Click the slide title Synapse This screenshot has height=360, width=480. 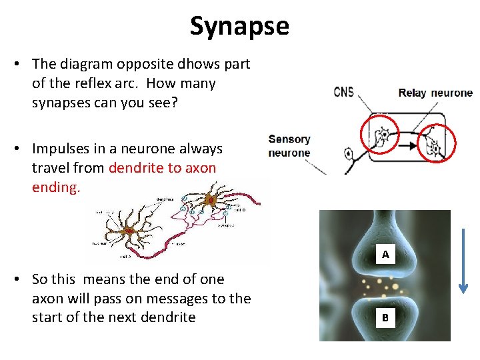click(x=239, y=26)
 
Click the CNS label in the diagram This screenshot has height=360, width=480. click(x=343, y=93)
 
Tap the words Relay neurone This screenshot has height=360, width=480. click(x=435, y=93)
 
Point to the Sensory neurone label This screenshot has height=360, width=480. click(x=289, y=145)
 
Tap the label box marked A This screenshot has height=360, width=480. click(x=385, y=255)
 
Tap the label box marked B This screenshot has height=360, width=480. click(x=385, y=318)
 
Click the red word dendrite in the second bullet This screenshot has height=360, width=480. click(x=135, y=168)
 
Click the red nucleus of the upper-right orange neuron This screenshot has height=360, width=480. click(x=210, y=199)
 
